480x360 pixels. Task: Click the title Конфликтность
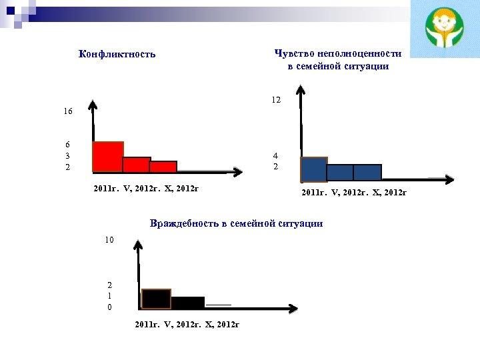pos(117,54)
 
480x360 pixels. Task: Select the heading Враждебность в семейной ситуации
pos(237,223)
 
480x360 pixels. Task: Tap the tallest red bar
pos(108,157)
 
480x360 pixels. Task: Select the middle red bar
pos(137,165)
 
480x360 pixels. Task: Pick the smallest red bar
pos(163,167)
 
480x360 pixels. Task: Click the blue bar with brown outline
pos(314,169)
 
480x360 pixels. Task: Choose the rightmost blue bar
pos(367,173)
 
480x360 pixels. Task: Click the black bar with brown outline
pos(156,299)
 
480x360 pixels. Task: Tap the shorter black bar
pos(188,302)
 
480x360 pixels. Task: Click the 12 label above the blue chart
pos(276,99)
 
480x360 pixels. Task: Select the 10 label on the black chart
pos(109,239)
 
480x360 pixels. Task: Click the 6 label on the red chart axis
pos(67,144)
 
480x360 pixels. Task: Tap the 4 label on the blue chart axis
pos(275,155)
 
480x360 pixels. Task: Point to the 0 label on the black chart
pos(110,307)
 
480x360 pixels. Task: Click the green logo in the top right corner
pos(444,29)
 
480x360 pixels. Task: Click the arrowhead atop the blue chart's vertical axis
pos(301,94)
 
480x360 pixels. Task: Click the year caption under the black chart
pos(187,324)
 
